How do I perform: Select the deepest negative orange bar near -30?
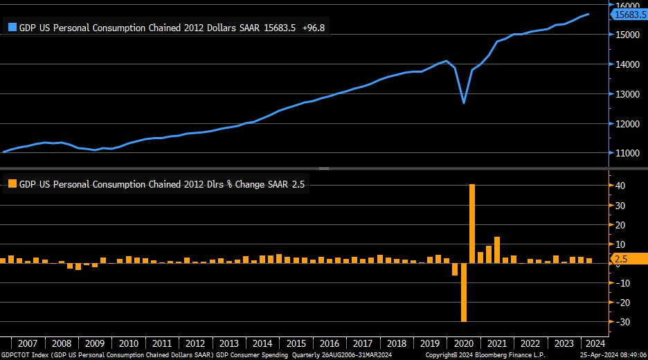coord(464,292)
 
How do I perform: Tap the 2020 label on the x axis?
coord(464,343)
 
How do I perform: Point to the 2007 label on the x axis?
coord(28,343)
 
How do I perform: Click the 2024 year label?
coord(595,343)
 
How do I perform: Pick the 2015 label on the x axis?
coord(296,343)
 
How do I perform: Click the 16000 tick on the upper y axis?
coord(625,4)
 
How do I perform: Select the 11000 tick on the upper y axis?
coord(625,153)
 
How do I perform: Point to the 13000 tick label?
coord(625,94)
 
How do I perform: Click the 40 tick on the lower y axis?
coord(620,186)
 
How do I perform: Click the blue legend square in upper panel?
coord(12,28)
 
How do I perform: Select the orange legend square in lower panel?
coord(12,184)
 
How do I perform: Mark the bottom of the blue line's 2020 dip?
coord(464,103)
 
